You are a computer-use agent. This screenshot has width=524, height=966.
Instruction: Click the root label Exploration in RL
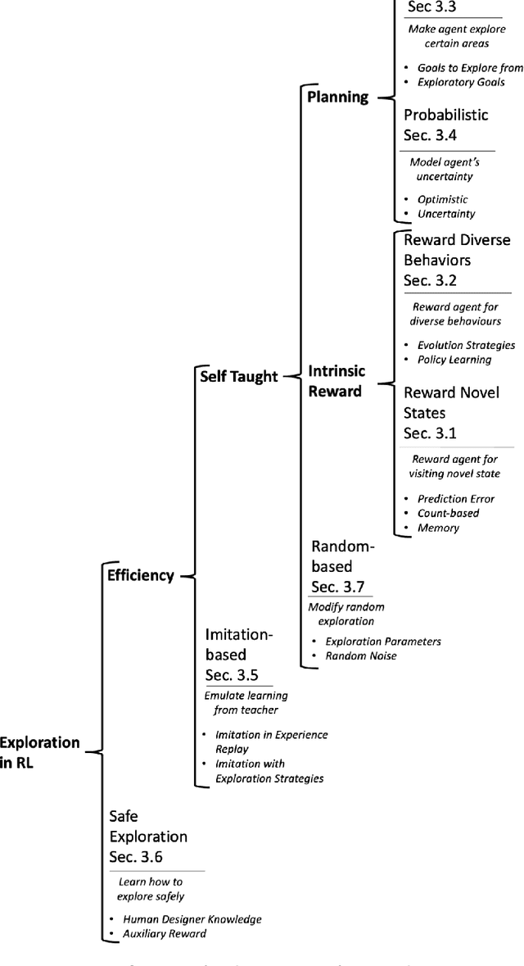(40, 751)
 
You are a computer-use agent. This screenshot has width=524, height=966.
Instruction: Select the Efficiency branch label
(141, 575)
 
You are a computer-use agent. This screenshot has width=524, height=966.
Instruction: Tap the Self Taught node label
(239, 376)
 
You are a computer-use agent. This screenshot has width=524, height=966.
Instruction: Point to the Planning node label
(337, 98)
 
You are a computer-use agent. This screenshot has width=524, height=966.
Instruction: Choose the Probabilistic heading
(445, 115)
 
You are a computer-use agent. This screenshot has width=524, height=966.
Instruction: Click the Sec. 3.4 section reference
(434, 134)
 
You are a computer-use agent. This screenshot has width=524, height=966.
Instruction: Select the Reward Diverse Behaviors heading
(457, 250)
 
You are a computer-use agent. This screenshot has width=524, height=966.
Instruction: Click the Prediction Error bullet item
(455, 498)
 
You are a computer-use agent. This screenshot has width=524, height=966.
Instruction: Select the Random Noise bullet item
(360, 655)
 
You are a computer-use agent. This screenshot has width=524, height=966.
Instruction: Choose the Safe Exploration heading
(148, 827)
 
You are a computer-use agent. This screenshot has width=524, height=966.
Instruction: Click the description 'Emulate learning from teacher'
(240, 703)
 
